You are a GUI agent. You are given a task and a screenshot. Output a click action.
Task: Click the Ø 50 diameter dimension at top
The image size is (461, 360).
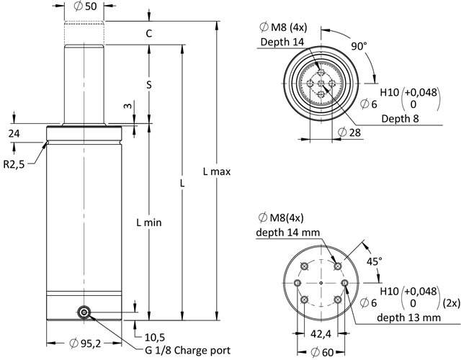86,6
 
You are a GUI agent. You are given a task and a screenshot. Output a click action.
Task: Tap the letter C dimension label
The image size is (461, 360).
148,34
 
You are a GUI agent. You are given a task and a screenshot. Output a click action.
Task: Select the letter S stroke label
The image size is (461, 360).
148,84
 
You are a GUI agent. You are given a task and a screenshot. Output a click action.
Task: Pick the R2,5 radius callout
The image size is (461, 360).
15,164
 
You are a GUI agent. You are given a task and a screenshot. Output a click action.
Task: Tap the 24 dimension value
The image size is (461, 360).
14,133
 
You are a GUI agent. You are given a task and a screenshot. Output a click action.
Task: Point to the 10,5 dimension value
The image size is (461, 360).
153,336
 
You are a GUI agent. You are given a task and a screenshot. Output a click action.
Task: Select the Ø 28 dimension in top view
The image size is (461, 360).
349,132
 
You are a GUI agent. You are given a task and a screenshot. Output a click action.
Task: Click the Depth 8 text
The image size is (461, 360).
400,119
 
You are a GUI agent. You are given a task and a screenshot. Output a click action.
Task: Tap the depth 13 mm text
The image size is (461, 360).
400,318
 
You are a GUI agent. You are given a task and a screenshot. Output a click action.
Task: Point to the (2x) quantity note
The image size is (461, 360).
451,302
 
